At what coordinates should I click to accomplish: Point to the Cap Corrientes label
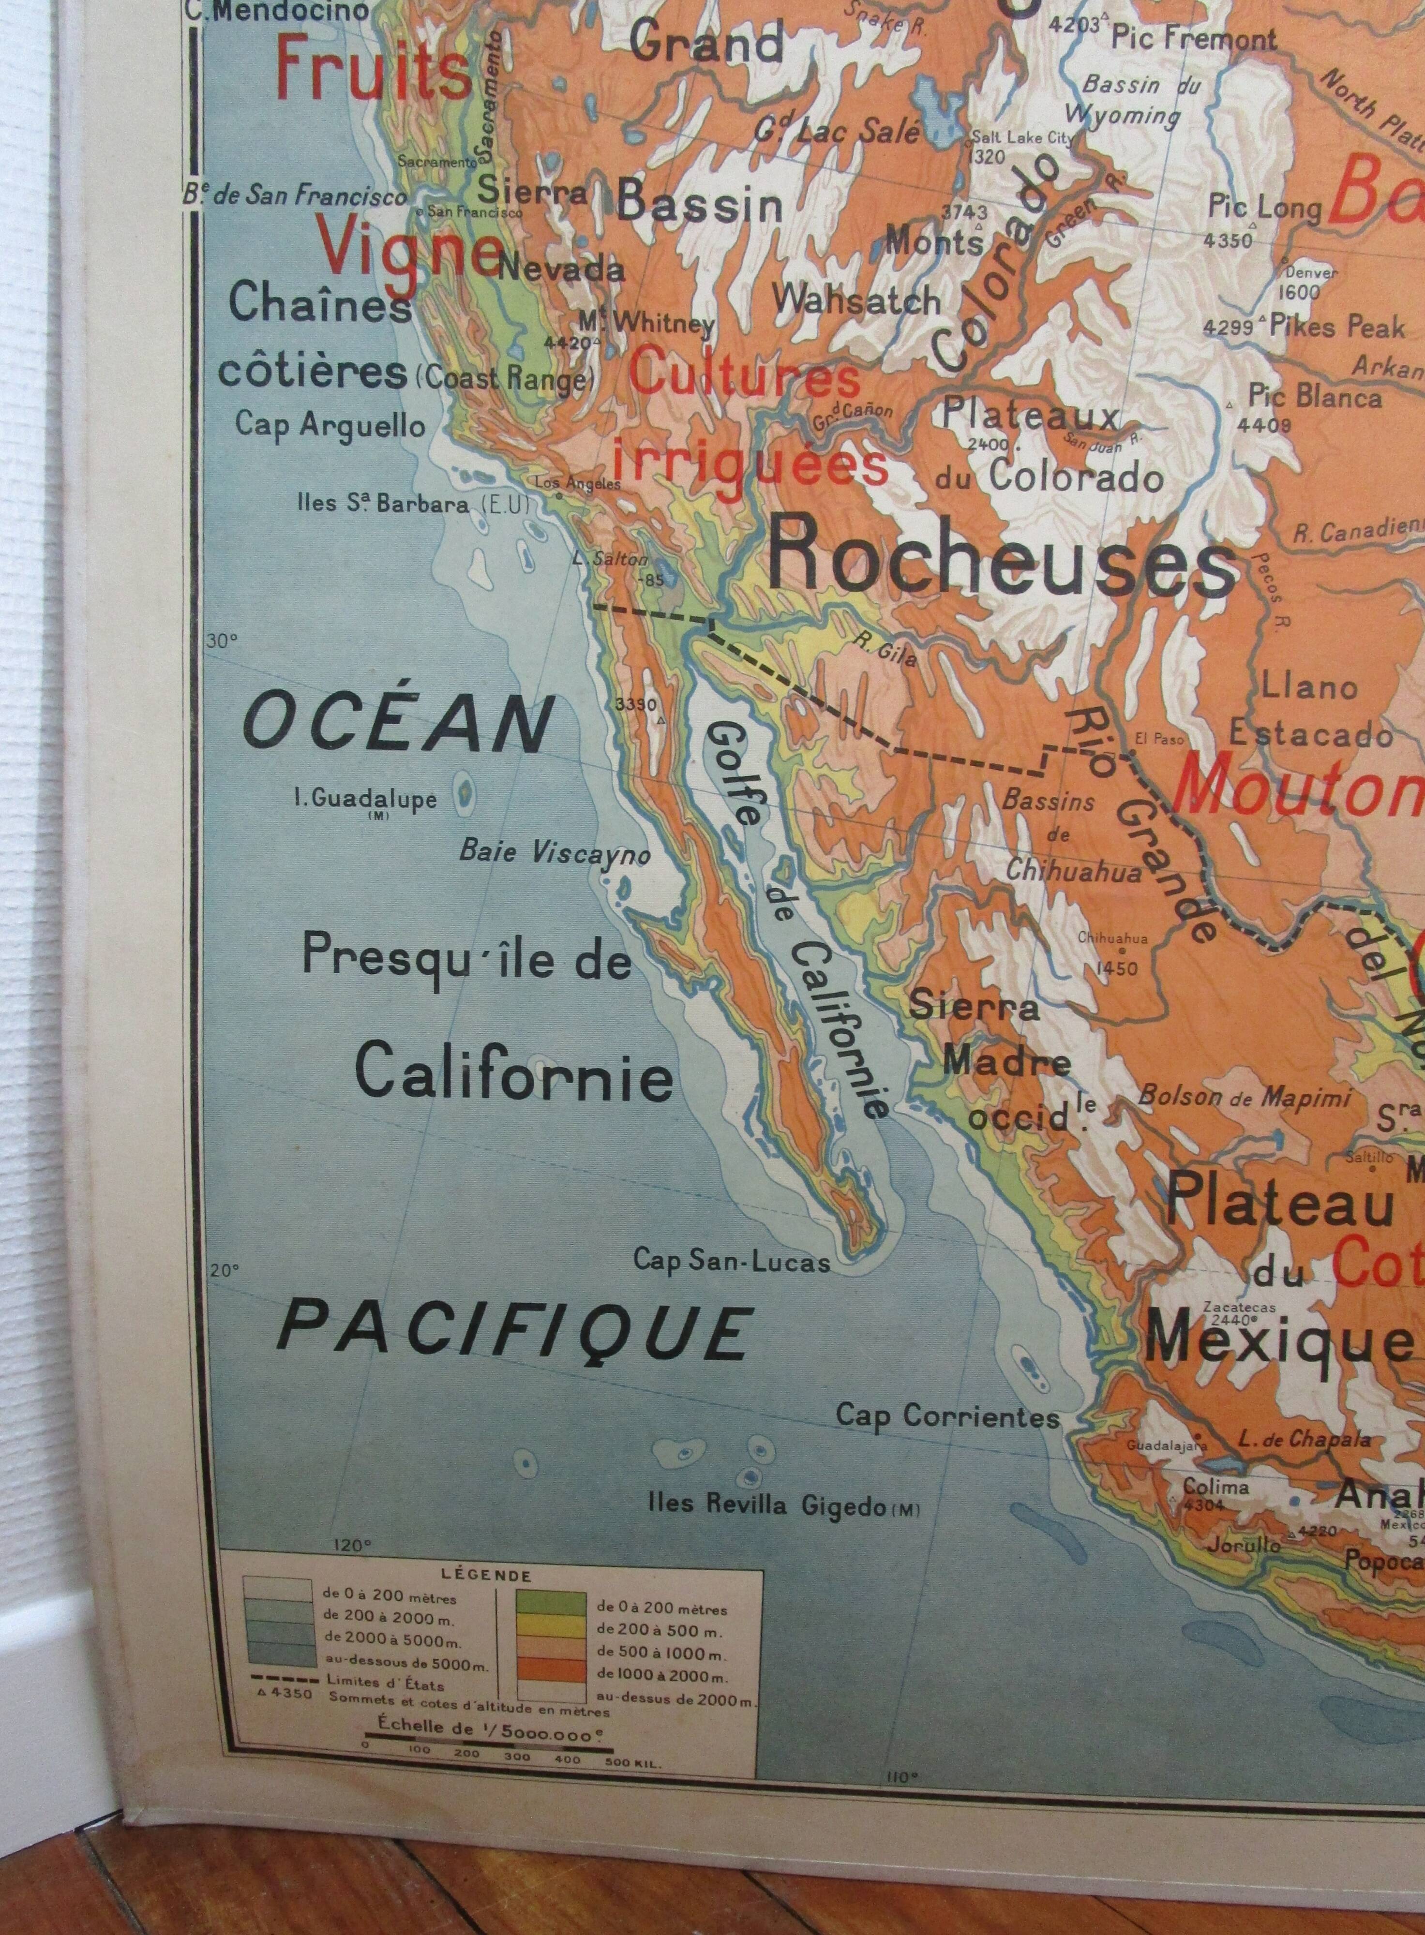pos(947,1415)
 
